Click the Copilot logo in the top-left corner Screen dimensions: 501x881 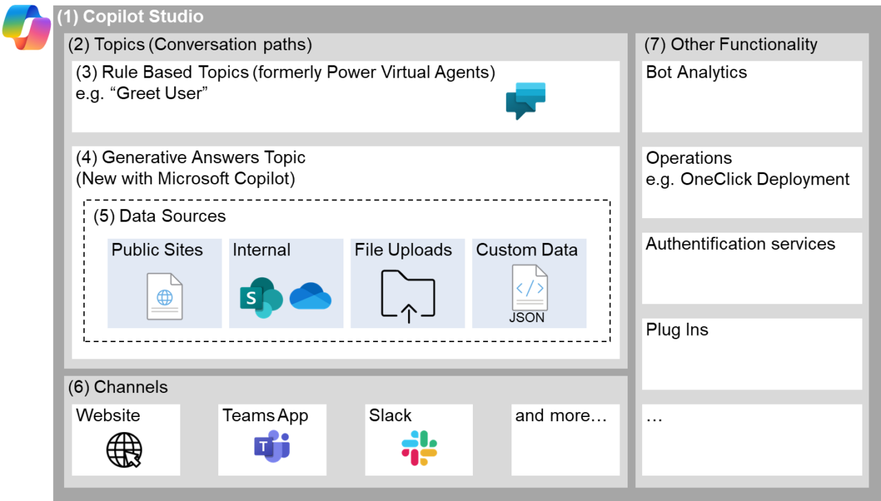(x=26, y=28)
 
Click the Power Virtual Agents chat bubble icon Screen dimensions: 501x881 (x=526, y=100)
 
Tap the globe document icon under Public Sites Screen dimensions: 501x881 (x=164, y=296)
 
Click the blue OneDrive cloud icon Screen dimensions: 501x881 (x=311, y=296)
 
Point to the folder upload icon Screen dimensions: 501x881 (x=408, y=296)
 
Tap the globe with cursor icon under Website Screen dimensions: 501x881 (x=125, y=449)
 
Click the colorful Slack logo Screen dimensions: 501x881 (x=419, y=448)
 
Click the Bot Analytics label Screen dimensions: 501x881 (x=696, y=72)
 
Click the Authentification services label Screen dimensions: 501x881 (x=740, y=244)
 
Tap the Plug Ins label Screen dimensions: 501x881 (x=677, y=330)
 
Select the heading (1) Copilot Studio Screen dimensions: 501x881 (x=130, y=17)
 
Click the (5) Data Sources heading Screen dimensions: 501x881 (x=160, y=216)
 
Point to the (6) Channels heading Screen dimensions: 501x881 (x=118, y=387)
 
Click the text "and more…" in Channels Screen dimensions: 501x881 (x=561, y=416)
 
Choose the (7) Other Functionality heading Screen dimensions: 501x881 (x=730, y=45)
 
